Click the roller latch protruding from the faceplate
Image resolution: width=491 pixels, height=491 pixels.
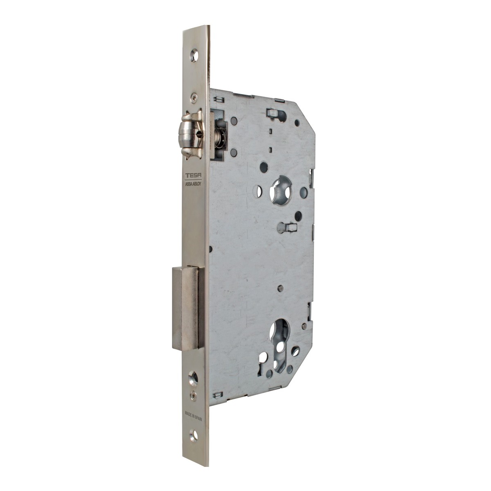pyautogui.click(x=193, y=135)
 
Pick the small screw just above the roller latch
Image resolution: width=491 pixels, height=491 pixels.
pyautogui.click(x=194, y=96)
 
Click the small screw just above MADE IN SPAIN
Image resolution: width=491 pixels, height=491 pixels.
pyautogui.click(x=194, y=394)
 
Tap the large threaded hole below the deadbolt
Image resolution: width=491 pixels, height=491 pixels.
pyautogui.click(x=194, y=376)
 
